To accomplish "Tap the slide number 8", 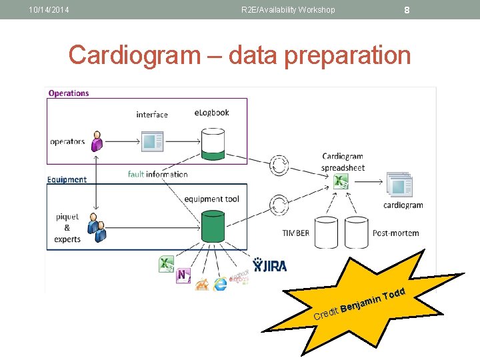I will click(x=407, y=10).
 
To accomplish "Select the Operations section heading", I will click(x=69, y=93).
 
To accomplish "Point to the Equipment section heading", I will click(x=67, y=179).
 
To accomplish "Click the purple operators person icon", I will click(x=97, y=141).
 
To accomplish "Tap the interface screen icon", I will click(x=153, y=141).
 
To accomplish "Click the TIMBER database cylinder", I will click(x=326, y=232).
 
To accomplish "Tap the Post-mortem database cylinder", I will click(x=357, y=232).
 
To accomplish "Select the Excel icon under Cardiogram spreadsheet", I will click(x=341, y=181).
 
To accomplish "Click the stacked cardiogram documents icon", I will click(x=399, y=185).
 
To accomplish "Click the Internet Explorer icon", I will click(x=220, y=283).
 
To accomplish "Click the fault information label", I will click(x=158, y=174).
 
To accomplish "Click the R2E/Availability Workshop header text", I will click(x=288, y=10).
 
